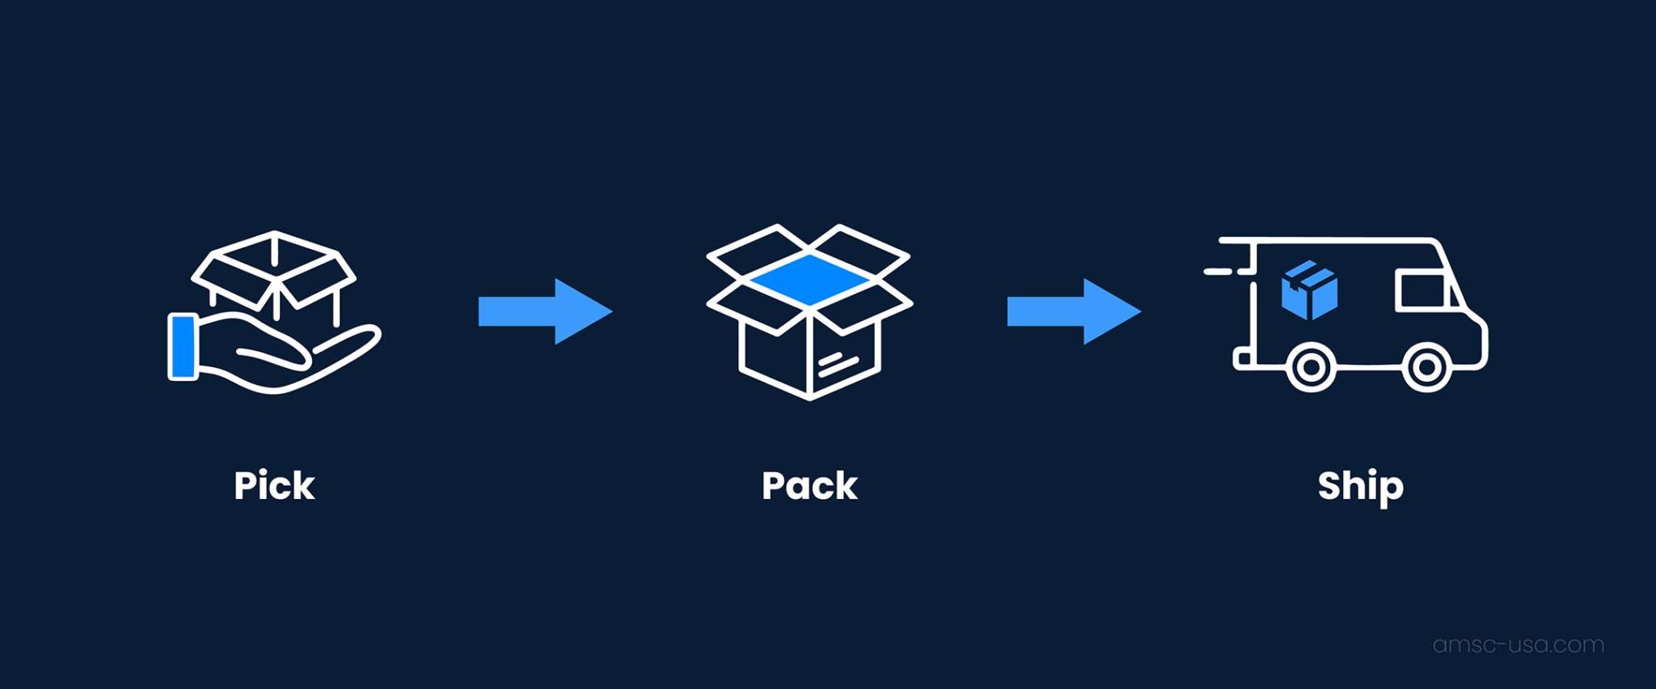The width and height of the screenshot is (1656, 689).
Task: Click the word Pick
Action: coord(274,486)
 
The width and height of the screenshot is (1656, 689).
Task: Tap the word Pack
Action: coord(809,486)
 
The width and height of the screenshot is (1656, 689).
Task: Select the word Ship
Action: coord(1360,486)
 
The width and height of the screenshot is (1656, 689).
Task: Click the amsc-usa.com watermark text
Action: coord(1518,645)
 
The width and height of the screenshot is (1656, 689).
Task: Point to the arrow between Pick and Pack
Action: coord(544,311)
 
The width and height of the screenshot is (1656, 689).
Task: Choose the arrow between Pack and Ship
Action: coord(1073,311)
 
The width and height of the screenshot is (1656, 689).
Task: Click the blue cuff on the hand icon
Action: coord(183,347)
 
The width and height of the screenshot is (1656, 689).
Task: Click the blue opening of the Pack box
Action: coord(810,279)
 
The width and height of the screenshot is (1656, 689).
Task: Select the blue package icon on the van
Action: coord(1309,290)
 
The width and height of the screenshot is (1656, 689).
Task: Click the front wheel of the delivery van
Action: coord(1426,368)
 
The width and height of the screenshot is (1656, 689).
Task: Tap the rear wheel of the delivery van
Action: coord(1311,368)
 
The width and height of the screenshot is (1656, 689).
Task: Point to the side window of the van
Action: coord(1422,292)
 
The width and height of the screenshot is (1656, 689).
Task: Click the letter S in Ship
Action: coord(1331,486)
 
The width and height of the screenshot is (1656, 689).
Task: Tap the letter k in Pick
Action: coord(303,486)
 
